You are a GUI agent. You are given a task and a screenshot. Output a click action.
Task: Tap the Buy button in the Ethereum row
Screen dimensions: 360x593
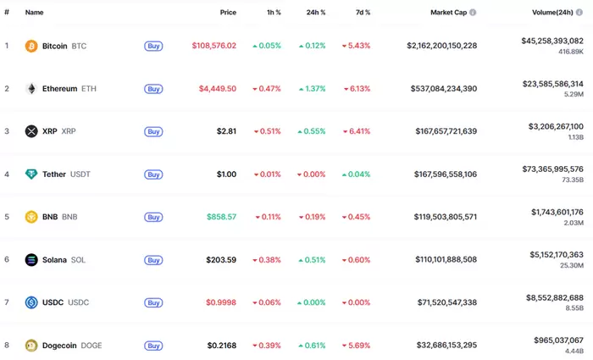pos(153,89)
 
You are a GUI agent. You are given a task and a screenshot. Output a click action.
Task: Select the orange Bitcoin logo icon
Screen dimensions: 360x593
pos(31,46)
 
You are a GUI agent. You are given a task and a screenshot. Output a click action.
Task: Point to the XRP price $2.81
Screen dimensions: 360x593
pos(225,131)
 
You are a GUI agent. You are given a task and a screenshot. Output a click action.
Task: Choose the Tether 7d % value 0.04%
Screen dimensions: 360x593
pos(356,174)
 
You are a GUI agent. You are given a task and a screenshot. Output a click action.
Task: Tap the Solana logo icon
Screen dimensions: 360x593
pos(31,260)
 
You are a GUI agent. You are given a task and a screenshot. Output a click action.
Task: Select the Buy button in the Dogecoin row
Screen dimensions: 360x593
pos(153,346)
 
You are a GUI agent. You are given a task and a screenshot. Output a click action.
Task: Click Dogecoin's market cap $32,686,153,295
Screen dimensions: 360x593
pos(434,346)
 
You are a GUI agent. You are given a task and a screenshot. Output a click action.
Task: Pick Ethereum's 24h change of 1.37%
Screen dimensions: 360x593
pos(309,89)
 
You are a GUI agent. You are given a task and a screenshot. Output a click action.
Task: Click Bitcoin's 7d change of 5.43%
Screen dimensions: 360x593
pos(356,46)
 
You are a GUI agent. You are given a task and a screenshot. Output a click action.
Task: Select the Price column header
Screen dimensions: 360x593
pos(228,13)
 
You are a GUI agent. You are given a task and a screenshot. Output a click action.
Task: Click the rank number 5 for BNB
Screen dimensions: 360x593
pos(7,217)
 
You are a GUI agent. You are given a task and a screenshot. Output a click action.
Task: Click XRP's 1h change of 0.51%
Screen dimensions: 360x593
pos(266,131)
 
